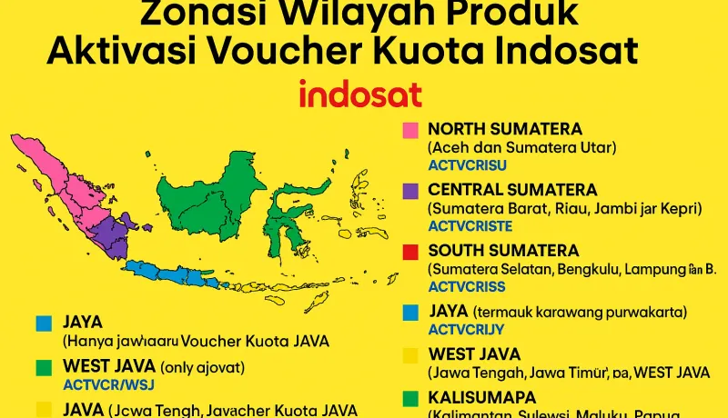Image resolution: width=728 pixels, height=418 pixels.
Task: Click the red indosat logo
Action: point(359,95)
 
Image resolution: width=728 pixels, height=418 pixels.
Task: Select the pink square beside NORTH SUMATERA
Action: point(410,130)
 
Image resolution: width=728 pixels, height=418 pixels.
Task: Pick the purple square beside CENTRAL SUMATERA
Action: point(410,191)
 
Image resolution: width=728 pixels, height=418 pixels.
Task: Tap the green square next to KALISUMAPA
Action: point(410,398)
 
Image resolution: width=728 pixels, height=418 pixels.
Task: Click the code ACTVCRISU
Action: point(467,164)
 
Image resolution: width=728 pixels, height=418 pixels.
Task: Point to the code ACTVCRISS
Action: point(467,286)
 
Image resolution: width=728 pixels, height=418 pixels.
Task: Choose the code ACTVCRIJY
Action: point(467,329)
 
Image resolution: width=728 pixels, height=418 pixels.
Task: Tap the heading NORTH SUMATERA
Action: point(505,129)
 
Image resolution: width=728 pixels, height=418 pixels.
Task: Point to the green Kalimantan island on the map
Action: point(205,195)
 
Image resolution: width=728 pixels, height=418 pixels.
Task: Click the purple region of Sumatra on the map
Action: point(109,232)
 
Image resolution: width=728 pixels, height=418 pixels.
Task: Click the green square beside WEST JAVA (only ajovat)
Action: point(43,367)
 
